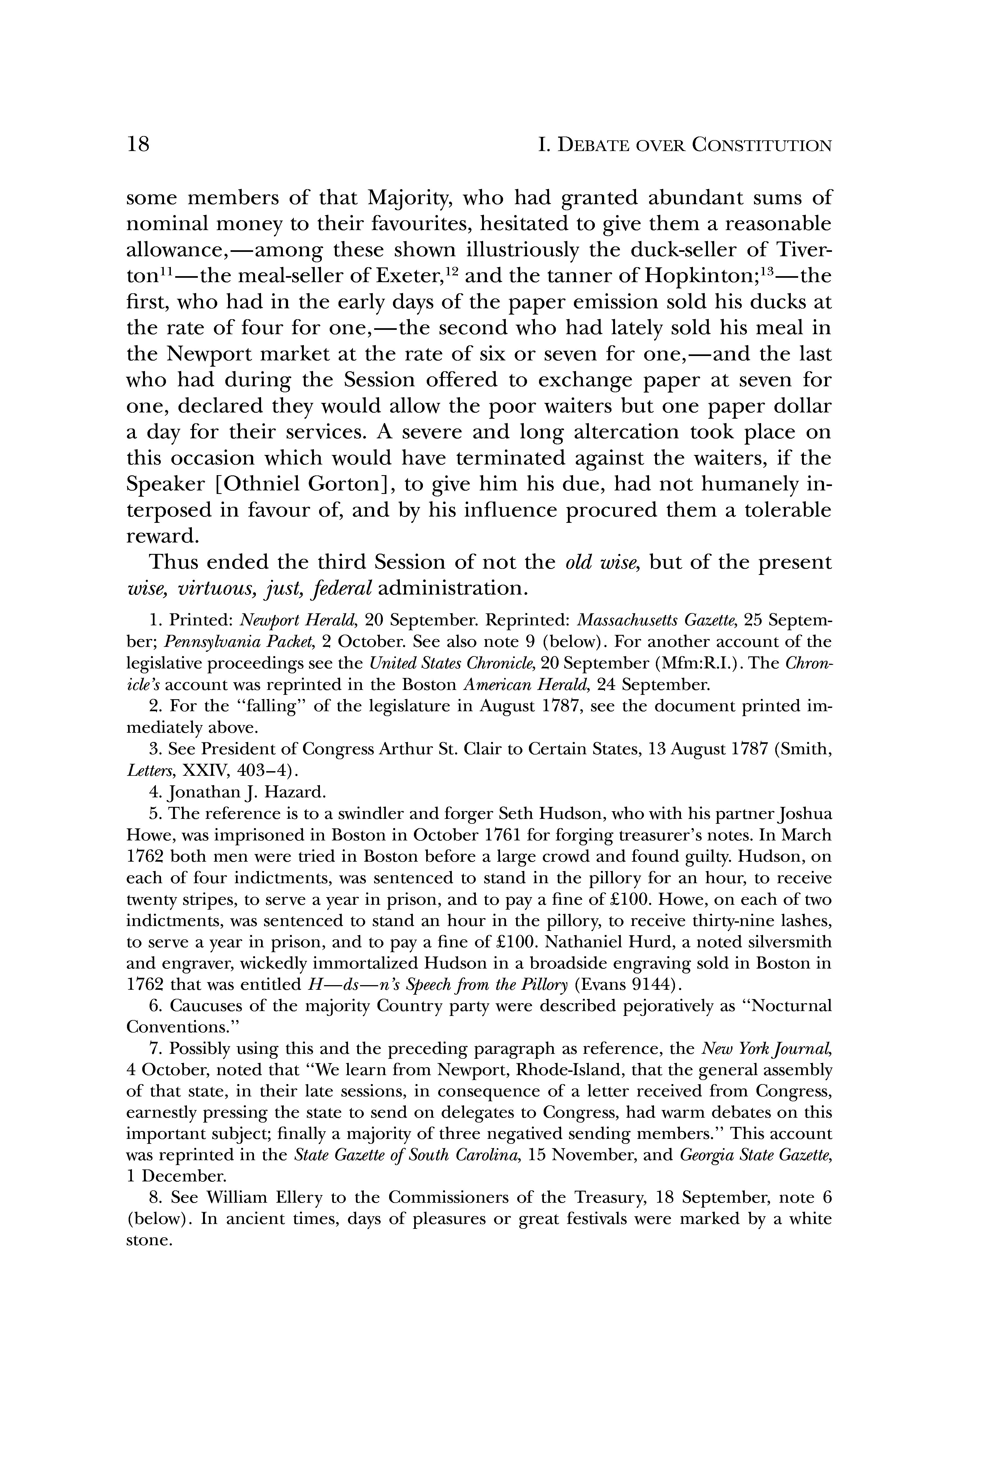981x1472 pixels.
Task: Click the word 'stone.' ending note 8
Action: click(x=149, y=1241)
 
